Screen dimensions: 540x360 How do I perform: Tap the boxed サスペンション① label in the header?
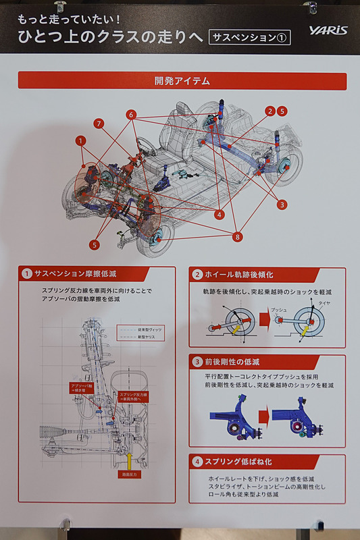[x=250, y=36]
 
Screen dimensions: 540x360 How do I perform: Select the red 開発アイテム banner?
[x=182, y=81]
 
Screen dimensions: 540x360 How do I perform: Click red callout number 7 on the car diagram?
[x=99, y=124]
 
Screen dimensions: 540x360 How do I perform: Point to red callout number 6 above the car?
[x=131, y=115]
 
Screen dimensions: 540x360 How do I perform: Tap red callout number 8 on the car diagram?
[x=236, y=237]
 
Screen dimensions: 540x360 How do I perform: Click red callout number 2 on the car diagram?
[x=270, y=111]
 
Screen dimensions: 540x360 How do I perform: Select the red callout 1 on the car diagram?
[x=81, y=141]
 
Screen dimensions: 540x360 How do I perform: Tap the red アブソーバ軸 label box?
[x=81, y=389]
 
